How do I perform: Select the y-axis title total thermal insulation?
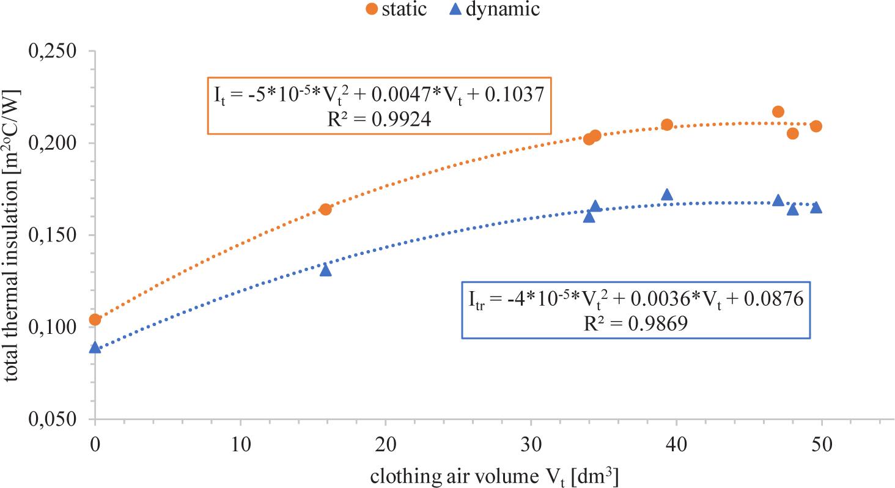12,235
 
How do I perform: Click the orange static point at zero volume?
95,320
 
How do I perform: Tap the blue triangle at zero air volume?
95,347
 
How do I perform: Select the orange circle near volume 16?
326,209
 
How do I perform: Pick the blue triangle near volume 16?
326,270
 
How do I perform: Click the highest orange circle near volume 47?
778,111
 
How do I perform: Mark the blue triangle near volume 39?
667,194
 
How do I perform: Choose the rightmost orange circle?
816,126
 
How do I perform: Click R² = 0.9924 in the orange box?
379,119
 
